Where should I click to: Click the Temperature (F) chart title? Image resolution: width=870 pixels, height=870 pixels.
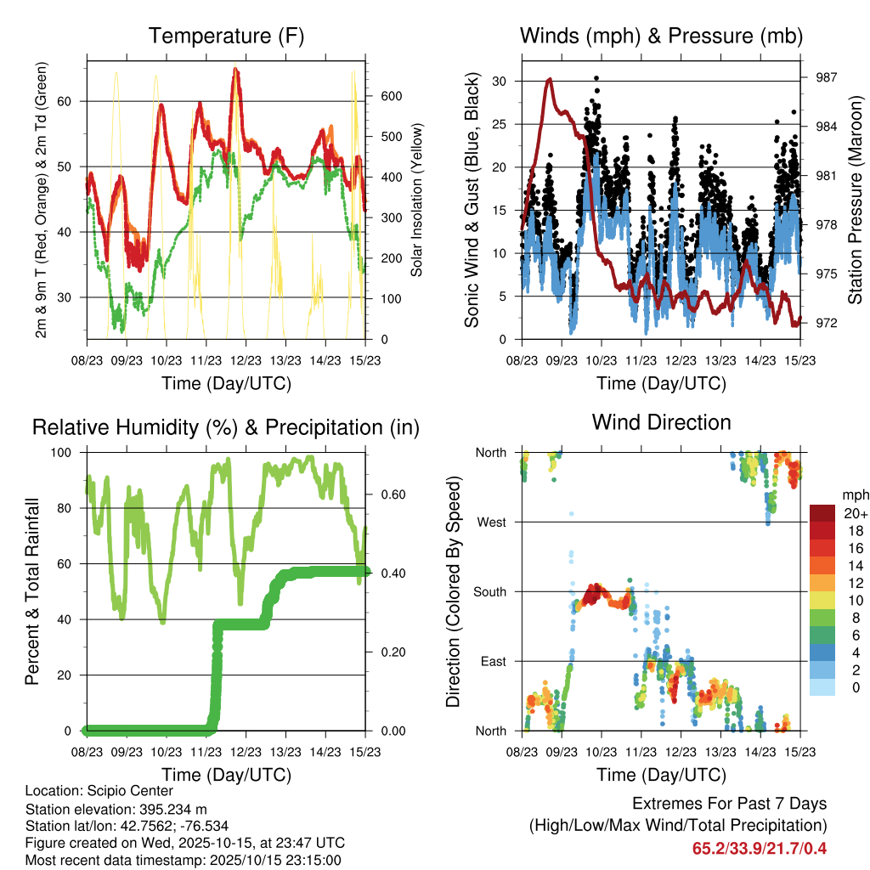(226, 36)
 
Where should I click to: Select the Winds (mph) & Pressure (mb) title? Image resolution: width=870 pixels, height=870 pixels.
(661, 36)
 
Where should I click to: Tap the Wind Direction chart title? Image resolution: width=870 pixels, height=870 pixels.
(661, 422)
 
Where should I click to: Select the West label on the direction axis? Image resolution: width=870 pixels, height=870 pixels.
(492, 522)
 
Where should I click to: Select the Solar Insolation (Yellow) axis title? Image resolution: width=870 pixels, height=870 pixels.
(417, 201)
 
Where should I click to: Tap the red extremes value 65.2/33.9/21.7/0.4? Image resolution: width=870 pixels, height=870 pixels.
(760, 848)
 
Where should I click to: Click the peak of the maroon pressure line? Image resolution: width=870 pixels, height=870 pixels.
(550, 79)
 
